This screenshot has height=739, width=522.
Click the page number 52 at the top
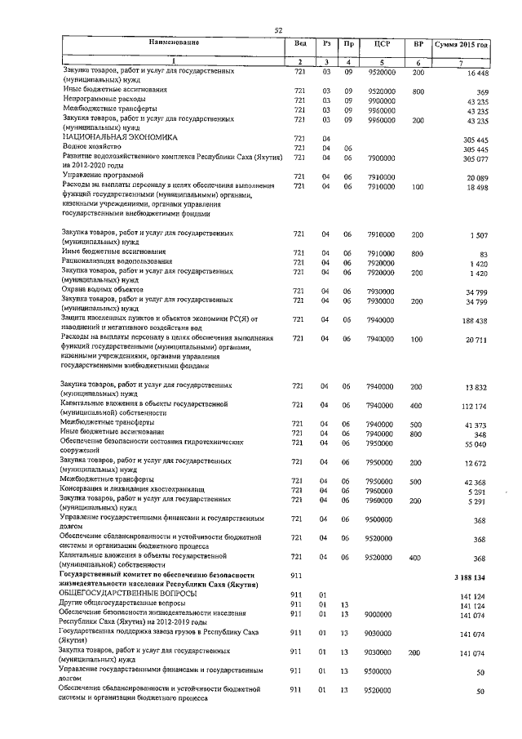[x=278, y=30]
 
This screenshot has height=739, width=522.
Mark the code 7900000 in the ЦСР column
[x=381, y=158]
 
